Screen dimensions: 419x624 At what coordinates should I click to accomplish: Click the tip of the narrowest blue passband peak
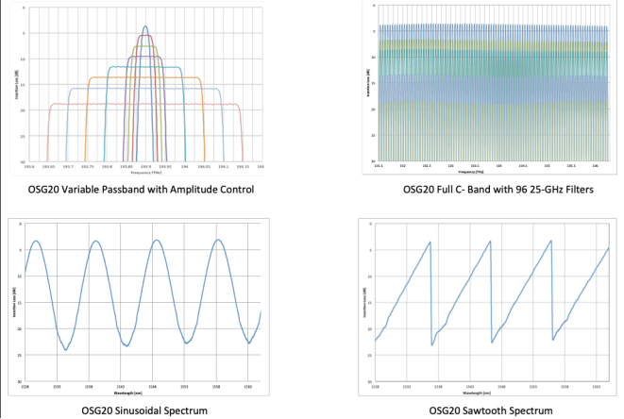click(144, 26)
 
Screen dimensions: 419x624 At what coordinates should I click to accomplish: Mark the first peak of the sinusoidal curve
click(36, 241)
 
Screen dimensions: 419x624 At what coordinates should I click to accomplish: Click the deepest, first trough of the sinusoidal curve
click(65, 350)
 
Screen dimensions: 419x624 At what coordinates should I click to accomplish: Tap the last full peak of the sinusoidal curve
click(219, 240)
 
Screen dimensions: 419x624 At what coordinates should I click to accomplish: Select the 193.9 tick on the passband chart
click(143, 167)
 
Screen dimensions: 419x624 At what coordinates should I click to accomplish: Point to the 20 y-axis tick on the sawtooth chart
click(369, 328)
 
